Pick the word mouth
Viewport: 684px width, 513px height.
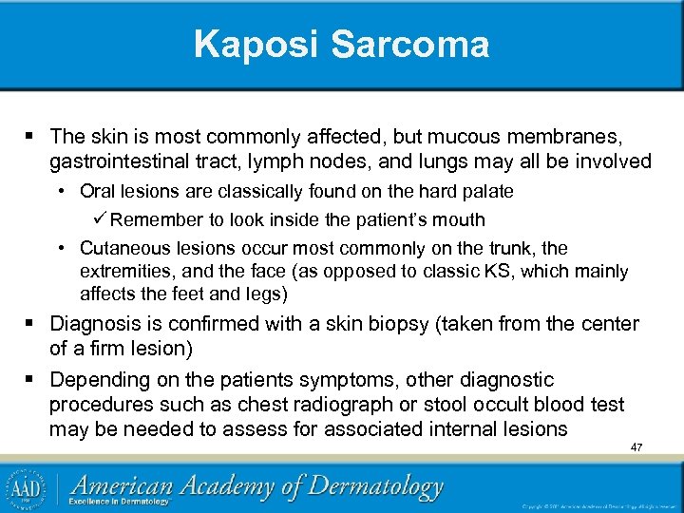coord(459,219)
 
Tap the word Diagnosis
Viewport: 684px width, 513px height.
coord(95,324)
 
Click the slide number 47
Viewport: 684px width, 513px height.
coord(636,446)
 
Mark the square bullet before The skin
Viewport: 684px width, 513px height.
coord(32,138)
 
